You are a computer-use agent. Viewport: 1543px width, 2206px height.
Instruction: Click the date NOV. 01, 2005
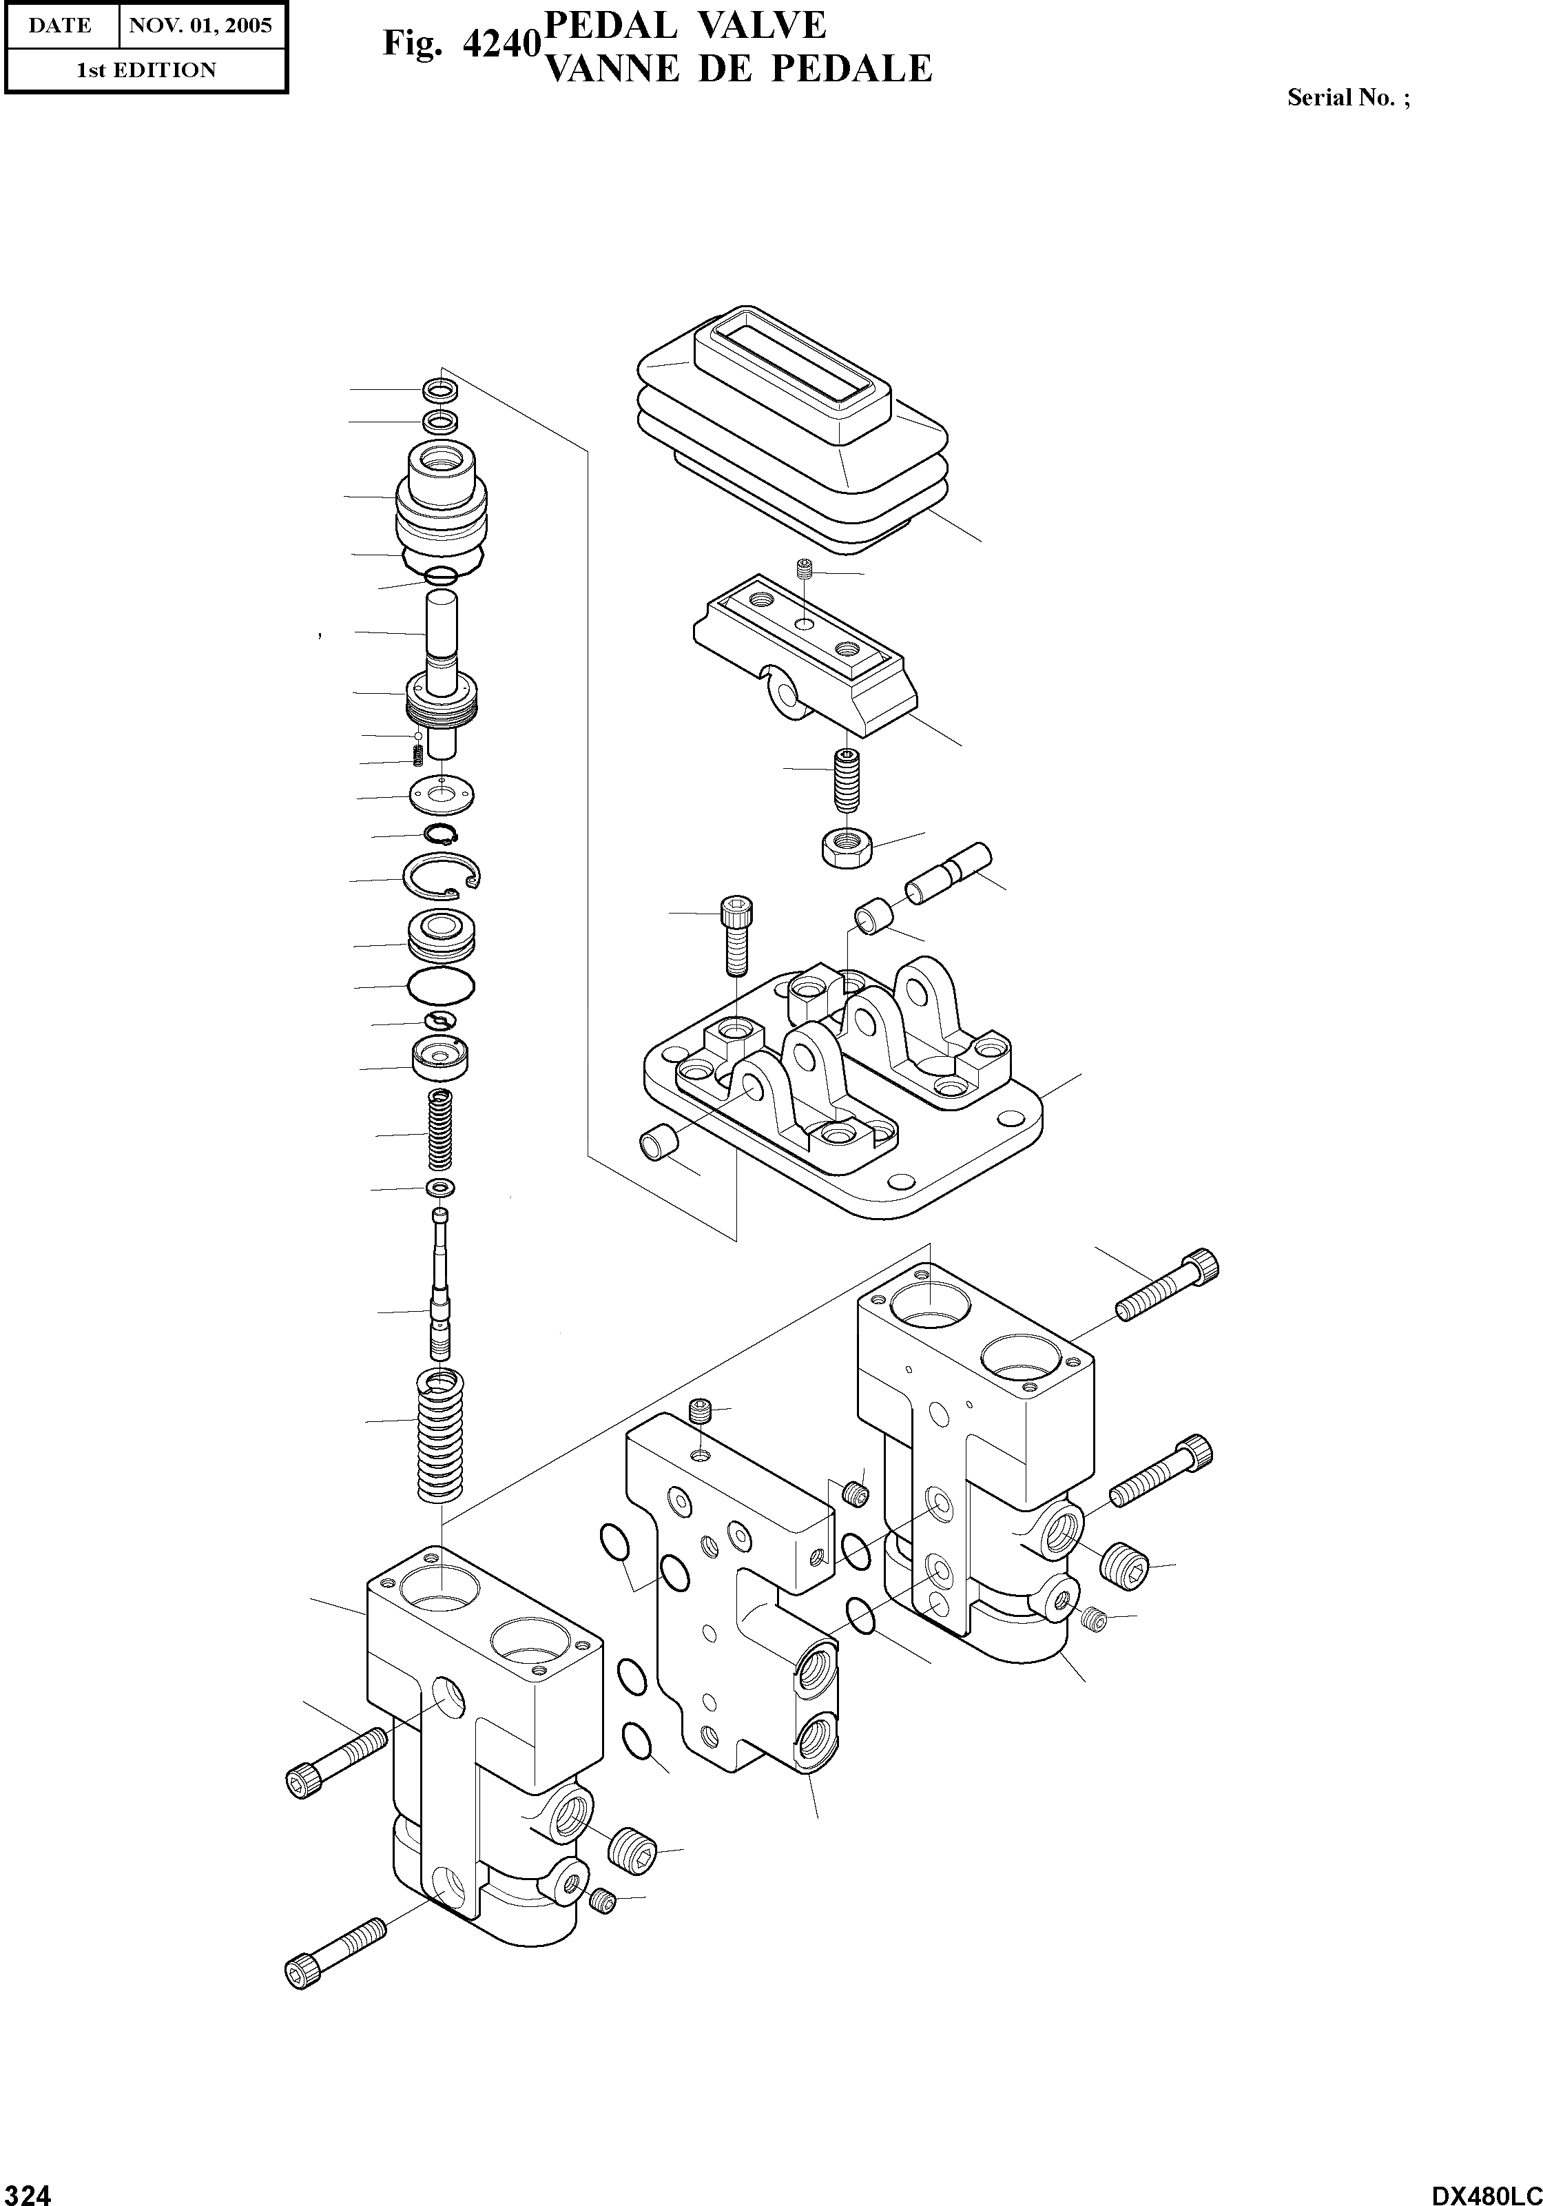coord(201,25)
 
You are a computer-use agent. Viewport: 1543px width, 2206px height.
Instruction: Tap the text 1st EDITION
coord(146,70)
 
